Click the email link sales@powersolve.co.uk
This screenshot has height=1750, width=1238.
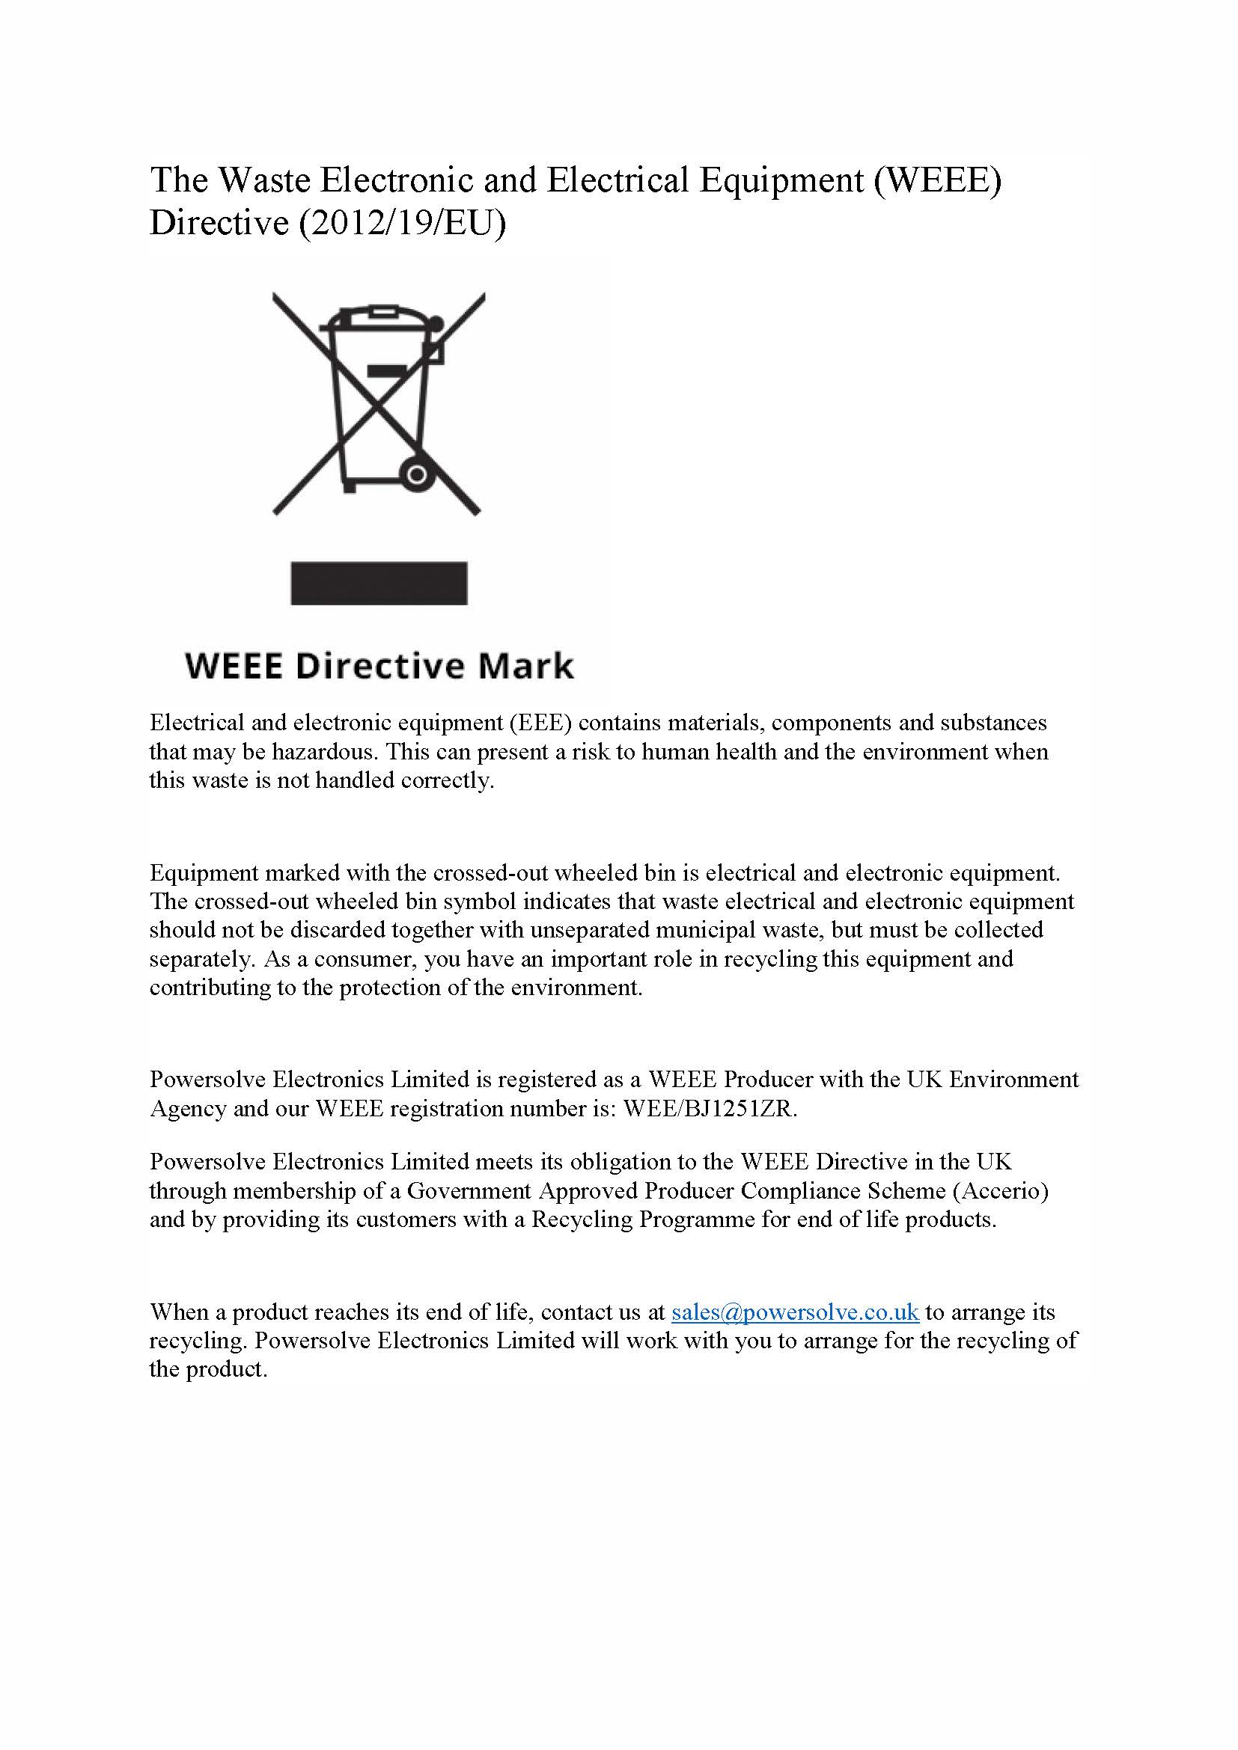click(795, 1312)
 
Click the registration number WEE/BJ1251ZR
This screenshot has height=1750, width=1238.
click(710, 1109)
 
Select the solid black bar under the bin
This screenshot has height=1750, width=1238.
click(379, 583)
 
